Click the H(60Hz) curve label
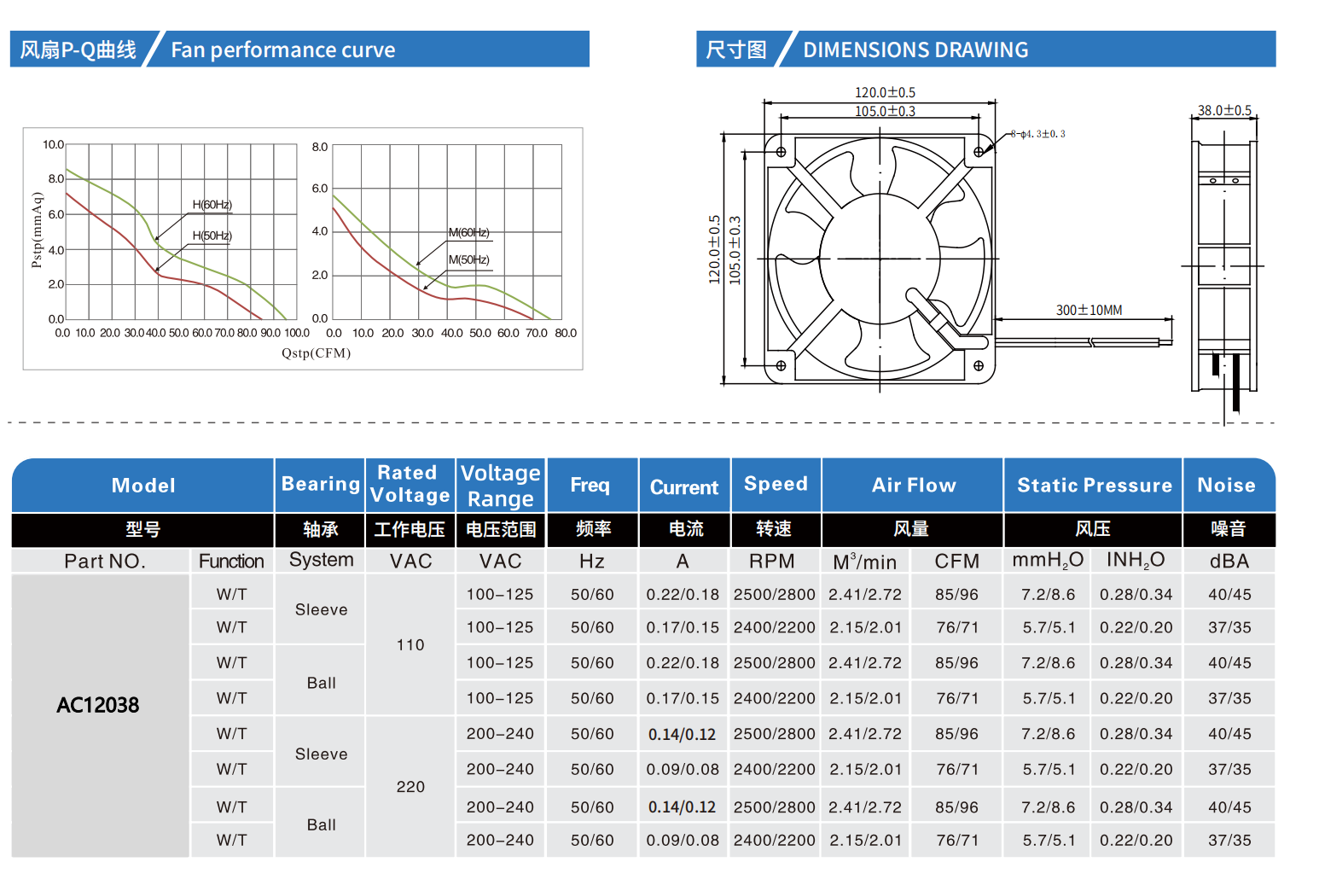click(x=212, y=205)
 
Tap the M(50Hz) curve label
click(x=468, y=259)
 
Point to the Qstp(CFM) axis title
click(x=316, y=353)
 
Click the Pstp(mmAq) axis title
click(x=37, y=230)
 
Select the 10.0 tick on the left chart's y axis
click(x=53, y=145)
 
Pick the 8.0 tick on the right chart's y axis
click(x=319, y=147)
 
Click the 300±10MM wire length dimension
click(x=1089, y=311)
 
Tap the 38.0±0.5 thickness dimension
click(x=1223, y=110)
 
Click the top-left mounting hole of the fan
click(x=781, y=152)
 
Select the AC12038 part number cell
click(x=98, y=705)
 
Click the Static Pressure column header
click(x=1094, y=486)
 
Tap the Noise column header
click(x=1226, y=486)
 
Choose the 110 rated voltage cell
click(x=410, y=645)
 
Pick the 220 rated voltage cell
click(x=410, y=787)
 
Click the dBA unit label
click(x=1229, y=562)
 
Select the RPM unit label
click(x=771, y=562)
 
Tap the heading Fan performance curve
click(x=282, y=50)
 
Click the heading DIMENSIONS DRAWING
click(x=915, y=50)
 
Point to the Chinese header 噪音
click(x=1228, y=529)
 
